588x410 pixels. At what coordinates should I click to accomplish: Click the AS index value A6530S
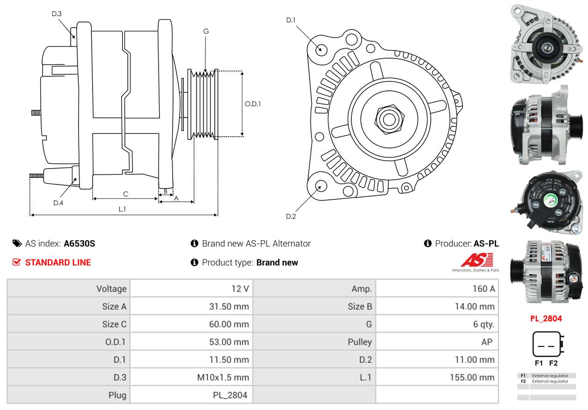79,243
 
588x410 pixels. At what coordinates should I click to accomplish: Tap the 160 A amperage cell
483,289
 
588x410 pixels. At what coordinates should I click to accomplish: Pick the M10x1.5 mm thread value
223,377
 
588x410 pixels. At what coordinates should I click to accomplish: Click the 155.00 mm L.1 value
472,377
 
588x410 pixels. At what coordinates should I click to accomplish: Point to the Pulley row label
360,342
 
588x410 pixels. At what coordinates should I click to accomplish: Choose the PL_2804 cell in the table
230,395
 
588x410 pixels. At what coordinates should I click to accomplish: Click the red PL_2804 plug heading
546,319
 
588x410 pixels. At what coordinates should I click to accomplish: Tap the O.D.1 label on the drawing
253,104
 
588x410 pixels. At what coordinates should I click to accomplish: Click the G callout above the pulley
206,31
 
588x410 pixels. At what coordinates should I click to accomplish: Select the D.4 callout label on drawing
58,203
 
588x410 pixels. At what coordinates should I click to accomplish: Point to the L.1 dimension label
122,209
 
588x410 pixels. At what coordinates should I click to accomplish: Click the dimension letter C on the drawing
125,194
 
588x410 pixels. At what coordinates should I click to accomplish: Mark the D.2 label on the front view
291,216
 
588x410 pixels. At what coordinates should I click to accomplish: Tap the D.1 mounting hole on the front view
321,49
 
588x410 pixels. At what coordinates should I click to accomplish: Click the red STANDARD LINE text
58,263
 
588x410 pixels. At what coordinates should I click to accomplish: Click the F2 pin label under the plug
553,363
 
